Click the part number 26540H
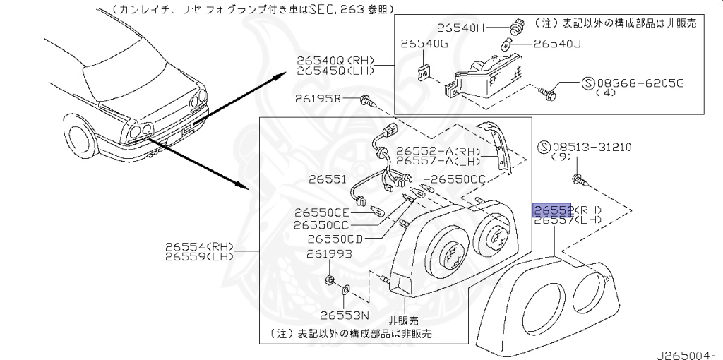[461, 28]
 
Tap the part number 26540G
[424, 44]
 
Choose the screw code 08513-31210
[592, 148]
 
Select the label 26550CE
[322, 212]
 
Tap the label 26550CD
[335, 239]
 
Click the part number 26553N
[344, 315]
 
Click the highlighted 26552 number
[551, 210]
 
